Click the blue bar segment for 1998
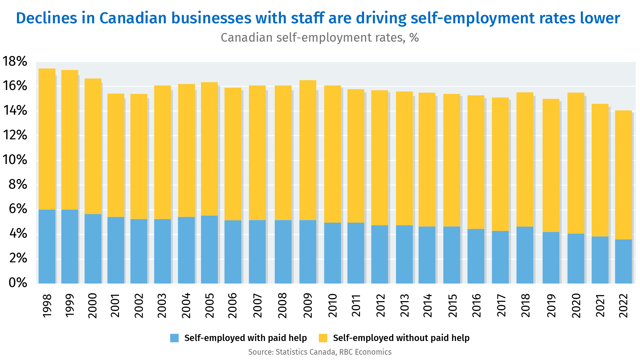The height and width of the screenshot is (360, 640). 47,246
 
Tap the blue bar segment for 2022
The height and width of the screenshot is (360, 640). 623,261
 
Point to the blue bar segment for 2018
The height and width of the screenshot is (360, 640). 525,255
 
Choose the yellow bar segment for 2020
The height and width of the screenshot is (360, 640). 576,163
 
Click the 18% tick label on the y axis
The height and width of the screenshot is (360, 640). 15,61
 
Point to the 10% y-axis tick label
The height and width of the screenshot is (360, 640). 15,160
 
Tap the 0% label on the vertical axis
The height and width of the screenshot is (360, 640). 18,283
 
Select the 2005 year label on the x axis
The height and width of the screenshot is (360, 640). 209,305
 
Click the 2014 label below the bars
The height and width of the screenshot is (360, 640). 427,305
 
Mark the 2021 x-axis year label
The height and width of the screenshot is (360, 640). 600,305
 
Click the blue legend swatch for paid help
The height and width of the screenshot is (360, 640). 174,338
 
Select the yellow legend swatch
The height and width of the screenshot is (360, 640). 323,338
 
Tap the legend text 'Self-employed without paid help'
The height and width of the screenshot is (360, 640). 401,338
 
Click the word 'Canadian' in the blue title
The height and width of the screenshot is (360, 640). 133,18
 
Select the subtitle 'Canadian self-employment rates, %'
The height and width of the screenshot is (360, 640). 320,38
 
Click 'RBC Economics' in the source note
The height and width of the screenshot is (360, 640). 365,352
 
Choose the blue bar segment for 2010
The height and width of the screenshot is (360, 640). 332,253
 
